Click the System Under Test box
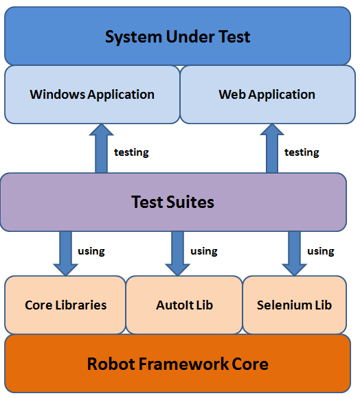click(x=177, y=36)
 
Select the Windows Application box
click(x=92, y=95)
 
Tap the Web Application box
click(x=268, y=95)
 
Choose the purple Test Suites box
click(x=173, y=202)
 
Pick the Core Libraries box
click(x=65, y=305)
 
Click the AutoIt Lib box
click(x=184, y=305)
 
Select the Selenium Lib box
click(x=295, y=305)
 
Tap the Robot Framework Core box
click(x=177, y=364)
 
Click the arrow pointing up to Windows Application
click(x=101, y=148)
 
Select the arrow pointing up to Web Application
click(x=272, y=148)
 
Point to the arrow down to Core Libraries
click(x=65, y=254)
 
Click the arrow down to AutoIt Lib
click(x=177, y=254)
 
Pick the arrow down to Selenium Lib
click(x=295, y=254)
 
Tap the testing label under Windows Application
click(x=131, y=152)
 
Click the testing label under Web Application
click(x=302, y=152)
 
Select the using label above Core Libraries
click(x=91, y=251)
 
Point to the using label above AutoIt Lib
click(x=204, y=251)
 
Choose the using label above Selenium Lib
click(x=321, y=251)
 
